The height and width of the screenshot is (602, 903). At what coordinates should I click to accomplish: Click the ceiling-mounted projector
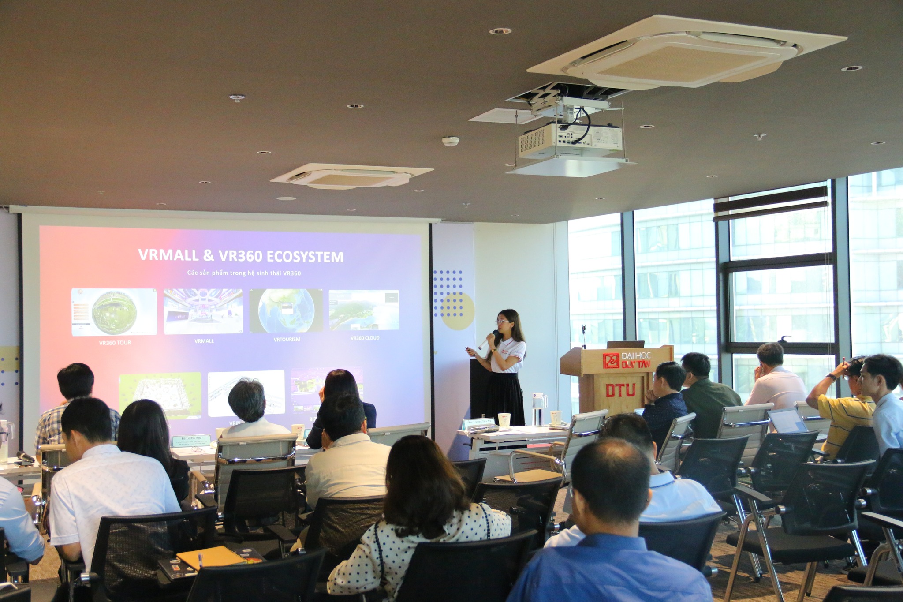click(x=570, y=141)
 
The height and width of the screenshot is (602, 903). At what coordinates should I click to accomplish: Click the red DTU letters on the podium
click(x=620, y=390)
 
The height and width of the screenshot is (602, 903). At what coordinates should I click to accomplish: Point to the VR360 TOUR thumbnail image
click(x=114, y=312)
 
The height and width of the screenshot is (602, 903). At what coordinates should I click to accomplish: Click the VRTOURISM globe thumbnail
click(x=286, y=311)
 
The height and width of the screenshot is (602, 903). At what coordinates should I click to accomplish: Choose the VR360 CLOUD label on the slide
click(x=365, y=338)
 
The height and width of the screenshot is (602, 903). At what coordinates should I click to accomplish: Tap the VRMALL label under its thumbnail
click(x=204, y=341)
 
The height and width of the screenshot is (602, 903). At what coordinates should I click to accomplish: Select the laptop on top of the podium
click(x=625, y=344)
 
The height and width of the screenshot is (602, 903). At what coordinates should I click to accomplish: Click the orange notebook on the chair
click(x=212, y=557)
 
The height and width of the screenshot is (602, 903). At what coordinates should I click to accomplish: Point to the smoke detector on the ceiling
click(x=451, y=141)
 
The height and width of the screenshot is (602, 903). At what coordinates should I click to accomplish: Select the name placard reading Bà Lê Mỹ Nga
click(x=190, y=440)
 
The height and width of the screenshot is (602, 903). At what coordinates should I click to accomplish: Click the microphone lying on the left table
click(x=26, y=456)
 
